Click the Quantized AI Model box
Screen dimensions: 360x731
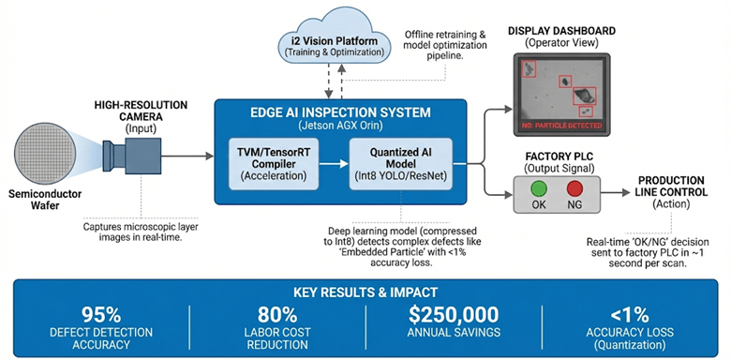(393, 160)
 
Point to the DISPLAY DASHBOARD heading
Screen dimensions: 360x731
(560, 31)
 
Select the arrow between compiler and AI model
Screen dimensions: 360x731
(327, 160)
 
